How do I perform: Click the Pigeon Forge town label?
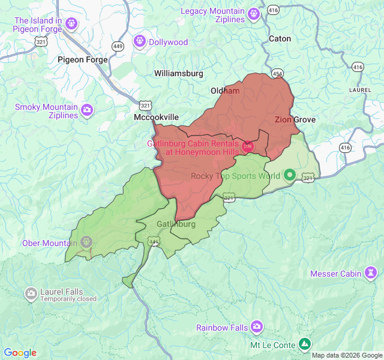click(x=83, y=59)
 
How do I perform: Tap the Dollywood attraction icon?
click(x=140, y=41)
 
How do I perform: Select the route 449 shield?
click(x=118, y=46)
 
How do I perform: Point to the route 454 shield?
click(x=277, y=74)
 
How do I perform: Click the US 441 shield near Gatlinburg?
click(x=154, y=242)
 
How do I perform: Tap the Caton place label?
click(x=280, y=38)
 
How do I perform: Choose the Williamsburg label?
click(x=179, y=73)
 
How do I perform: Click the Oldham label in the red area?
click(x=225, y=91)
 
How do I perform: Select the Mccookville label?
click(x=156, y=118)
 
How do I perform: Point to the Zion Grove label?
click(x=295, y=119)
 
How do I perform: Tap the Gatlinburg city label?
click(x=176, y=224)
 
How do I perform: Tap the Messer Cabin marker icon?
click(x=371, y=274)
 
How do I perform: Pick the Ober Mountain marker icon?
click(x=86, y=242)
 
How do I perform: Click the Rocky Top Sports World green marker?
click(x=290, y=175)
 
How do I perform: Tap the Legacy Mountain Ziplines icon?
click(x=254, y=13)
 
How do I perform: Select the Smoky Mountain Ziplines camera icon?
click(x=88, y=110)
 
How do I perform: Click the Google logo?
click(x=20, y=353)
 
